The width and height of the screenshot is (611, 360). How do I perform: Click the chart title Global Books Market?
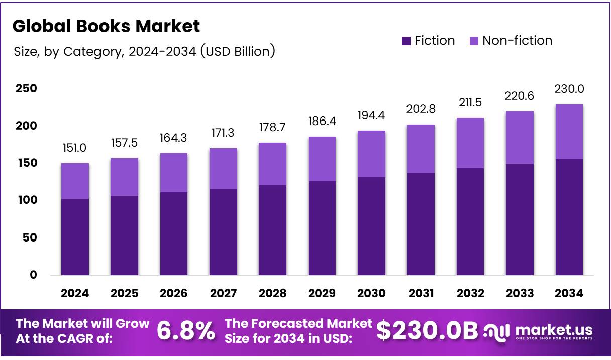point(106,26)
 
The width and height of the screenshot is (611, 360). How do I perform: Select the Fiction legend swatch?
point(406,41)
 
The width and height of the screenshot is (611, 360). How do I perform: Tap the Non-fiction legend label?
point(517,41)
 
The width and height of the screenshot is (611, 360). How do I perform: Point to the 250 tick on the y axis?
point(26,89)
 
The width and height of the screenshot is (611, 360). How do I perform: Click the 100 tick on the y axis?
point(26,200)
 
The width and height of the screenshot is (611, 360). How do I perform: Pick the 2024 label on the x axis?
point(75,294)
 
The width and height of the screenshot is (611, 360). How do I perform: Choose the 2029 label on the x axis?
point(322,294)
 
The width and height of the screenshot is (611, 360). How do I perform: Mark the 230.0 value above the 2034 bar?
point(569,89)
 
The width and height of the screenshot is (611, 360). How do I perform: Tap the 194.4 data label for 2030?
point(371,115)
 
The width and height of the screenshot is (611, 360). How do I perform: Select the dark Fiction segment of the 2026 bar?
point(174,233)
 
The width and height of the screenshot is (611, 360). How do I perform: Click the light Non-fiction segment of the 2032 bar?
point(470,143)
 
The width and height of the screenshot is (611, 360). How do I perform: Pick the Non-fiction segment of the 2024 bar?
point(75,181)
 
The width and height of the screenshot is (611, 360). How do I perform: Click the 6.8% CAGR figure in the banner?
point(186,331)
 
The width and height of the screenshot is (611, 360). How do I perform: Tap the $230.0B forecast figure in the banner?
point(427,331)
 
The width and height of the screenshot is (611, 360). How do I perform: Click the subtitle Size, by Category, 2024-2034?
point(144,51)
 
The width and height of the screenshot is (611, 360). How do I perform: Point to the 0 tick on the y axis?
point(33,275)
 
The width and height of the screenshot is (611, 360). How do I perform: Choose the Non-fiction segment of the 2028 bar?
point(273,164)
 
